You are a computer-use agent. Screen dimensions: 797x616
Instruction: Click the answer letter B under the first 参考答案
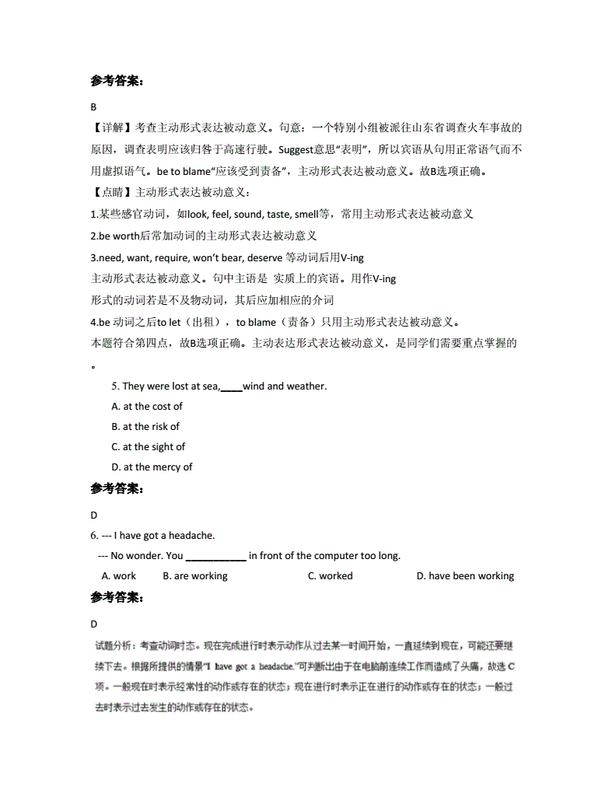pos(93,107)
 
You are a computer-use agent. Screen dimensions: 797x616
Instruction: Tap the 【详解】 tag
pos(112,128)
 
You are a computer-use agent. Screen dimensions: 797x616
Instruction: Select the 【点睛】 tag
pos(112,192)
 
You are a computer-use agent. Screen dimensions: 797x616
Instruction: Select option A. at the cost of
pos(147,406)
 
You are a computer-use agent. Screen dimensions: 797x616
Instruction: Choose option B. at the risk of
pos(145,426)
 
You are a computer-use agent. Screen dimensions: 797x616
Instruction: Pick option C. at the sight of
pos(149,446)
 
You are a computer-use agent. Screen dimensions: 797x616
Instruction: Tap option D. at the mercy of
pos(152,467)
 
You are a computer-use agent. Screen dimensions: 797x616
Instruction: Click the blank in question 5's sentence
pos(232,386)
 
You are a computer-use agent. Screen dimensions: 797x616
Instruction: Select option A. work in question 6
pos(119,576)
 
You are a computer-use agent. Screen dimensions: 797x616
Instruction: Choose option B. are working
pos(195,576)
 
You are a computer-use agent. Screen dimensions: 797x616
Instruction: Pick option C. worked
pos(330,576)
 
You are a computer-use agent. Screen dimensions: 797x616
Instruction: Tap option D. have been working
pos(465,576)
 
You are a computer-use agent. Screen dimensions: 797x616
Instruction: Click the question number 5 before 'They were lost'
pos(115,386)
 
